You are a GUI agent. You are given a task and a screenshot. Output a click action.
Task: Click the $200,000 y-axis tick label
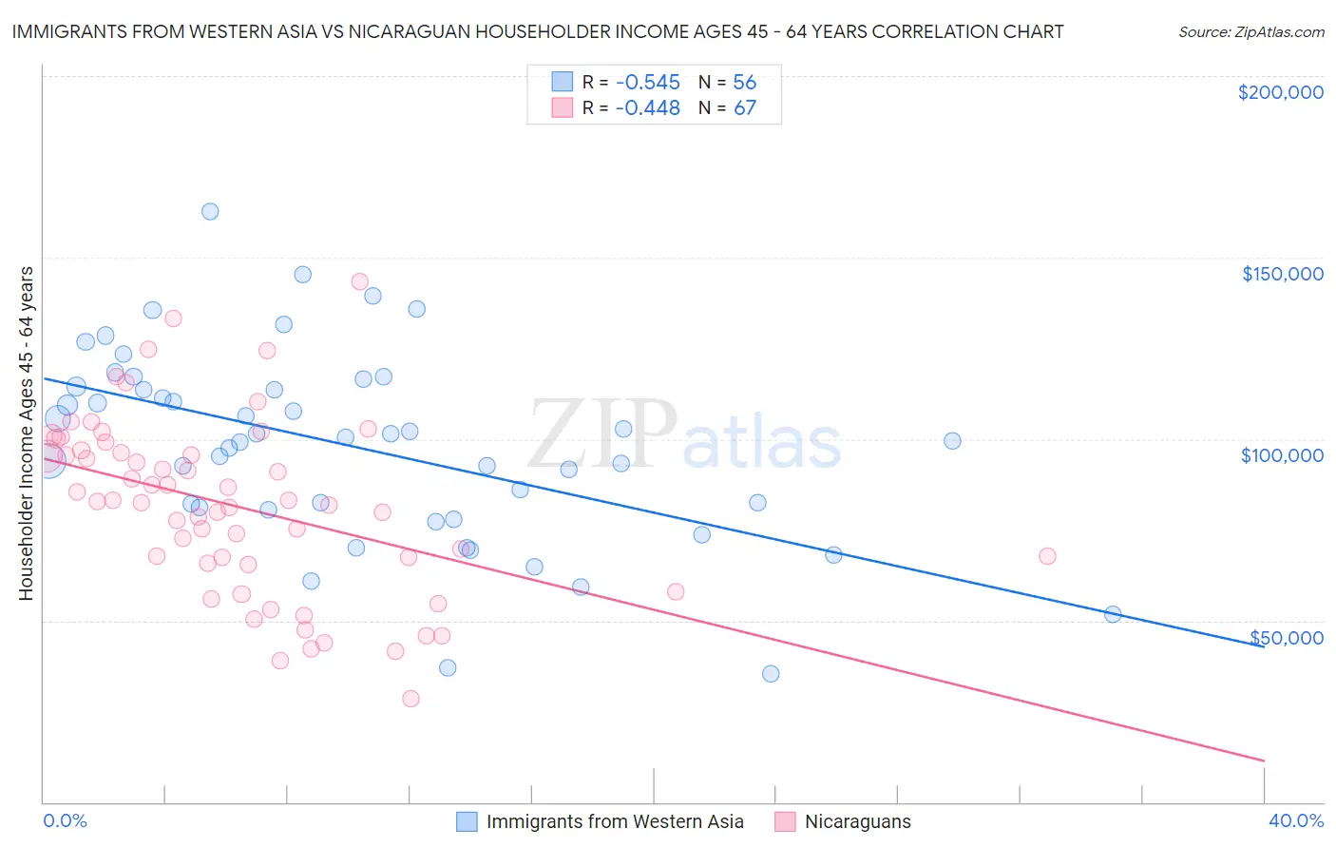[x=1280, y=92]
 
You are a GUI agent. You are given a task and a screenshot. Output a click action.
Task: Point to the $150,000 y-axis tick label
[x=1282, y=274]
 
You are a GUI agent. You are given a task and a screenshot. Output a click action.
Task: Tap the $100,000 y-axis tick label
[x=1282, y=455]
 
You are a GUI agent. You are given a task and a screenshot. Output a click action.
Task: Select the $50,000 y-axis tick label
[x=1286, y=637]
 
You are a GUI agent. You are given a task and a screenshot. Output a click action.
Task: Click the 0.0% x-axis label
[x=65, y=820]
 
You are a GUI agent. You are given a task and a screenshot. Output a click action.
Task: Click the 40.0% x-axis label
[x=1295, y=820]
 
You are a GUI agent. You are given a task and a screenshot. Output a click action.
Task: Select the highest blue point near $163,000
[x=210, y=212]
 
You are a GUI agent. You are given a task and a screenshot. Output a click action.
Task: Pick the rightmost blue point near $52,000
[x=1113, y=615]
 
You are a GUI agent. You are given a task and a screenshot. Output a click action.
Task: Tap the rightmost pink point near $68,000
[x=1047, y=556]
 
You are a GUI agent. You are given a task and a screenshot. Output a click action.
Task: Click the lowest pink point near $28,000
[x=410, y=699]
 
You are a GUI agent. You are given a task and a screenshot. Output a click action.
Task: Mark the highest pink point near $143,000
[x=359, y=281]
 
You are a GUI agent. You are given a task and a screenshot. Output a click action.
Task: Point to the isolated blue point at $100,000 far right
[x=952, y=441]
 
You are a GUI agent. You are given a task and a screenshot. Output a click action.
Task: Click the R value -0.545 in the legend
[x=647, y=83]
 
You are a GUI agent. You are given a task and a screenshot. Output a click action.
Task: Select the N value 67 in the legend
[x=744, y=108]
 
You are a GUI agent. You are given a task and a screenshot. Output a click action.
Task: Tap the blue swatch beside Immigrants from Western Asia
[x=466, y=821]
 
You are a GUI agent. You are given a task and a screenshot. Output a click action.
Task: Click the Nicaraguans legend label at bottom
[x=857, y=821]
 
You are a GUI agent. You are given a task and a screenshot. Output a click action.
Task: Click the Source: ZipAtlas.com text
[x=1250, y=31]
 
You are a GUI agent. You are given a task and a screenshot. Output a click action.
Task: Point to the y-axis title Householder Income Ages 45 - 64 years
[x=26, y=434]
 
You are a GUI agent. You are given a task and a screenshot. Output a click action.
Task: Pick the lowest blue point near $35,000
[x=771, y=674]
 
